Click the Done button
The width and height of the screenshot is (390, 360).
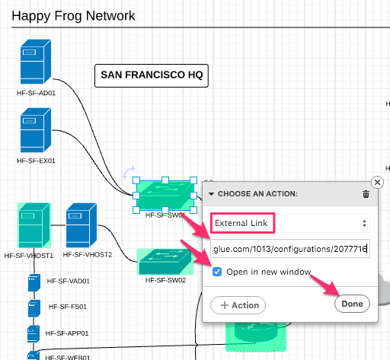(352, 304)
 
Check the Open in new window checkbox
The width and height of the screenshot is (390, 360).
(217, 272)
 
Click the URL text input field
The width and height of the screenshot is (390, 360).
(290, 249)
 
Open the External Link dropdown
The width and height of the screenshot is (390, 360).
(290, 223)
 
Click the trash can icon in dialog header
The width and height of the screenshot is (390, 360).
(366, 194)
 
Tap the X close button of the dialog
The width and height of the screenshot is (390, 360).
(377, 182)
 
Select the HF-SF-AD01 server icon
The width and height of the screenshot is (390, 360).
(36, 62)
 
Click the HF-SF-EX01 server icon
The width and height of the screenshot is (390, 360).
(36, 130)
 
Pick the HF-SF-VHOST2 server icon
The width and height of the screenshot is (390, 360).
(82, 225)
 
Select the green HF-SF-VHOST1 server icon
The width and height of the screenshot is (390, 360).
(34, 225)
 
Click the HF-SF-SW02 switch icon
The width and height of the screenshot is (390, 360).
(165, 262)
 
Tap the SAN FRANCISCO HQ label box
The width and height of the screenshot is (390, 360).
(152, 75)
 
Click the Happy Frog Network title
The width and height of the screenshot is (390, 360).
(73, 16)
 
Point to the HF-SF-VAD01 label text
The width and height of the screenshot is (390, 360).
(69, 281)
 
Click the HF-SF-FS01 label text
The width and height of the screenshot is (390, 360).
(68, 307)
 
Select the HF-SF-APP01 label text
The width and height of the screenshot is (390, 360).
(67, 333)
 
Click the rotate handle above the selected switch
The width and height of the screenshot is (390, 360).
(129, 173)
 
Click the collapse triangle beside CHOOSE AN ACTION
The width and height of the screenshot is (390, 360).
(211, 194)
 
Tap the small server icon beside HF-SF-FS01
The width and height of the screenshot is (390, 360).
(34, 308)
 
